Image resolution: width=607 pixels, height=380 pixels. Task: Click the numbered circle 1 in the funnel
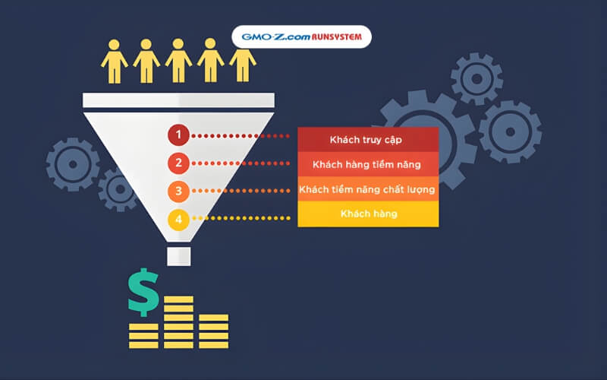click(178, 136)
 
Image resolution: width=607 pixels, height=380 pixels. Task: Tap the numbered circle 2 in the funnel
click(178, 163)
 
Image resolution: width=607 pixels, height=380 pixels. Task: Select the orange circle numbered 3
click(178, 191)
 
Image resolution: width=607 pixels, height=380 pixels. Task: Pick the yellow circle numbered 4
click(178, 220)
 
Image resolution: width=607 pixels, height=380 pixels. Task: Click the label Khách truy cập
click(367, 139)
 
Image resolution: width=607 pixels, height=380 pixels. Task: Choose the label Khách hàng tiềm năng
click(367, 164)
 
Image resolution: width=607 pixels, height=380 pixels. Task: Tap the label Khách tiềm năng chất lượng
click(367, 189)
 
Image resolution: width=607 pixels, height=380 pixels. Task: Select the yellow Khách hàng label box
click(367, 214)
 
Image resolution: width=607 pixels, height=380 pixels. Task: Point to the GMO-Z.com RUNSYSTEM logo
click(301, 36)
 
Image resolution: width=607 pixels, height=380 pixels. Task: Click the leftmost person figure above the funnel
click(115, 61)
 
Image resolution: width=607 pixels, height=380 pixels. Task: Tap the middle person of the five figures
click(179, 61)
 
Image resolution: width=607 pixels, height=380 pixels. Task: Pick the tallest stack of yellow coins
click(178, 320)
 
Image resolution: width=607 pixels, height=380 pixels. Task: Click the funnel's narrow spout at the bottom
click(179, 255)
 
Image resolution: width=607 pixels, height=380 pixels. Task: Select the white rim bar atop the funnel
click(178, 100)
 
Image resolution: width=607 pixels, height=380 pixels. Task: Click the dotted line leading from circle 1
click(241, 137)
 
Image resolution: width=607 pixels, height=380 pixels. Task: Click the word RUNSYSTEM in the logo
click(334, 36)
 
